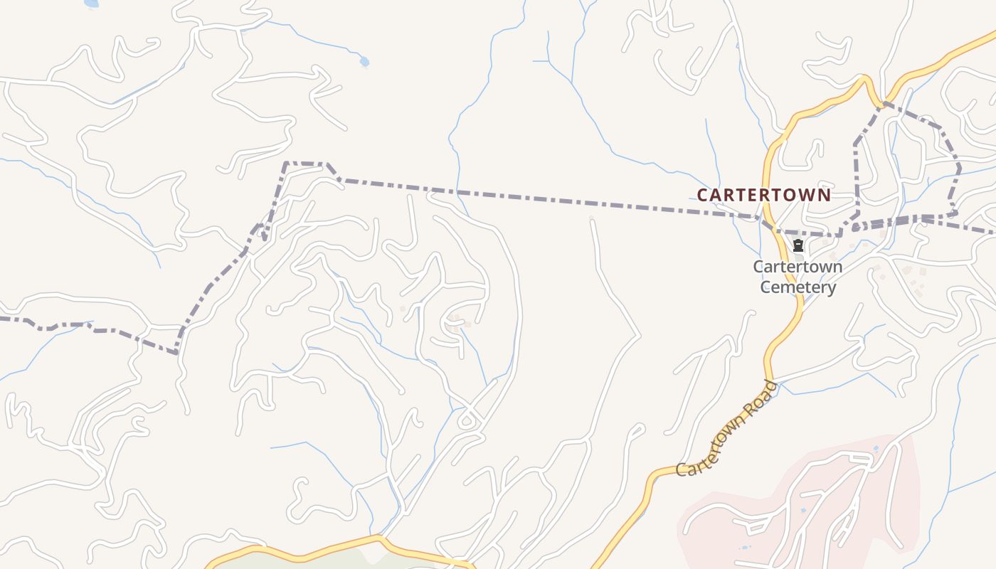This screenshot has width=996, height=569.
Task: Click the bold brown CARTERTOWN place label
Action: point(763,195)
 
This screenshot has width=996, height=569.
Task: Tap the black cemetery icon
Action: point(798,246)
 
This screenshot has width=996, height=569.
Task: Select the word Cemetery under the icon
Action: point(798,287)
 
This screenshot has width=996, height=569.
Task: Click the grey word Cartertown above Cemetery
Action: point(798,267)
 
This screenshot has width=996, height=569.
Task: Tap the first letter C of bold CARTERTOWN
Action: point(703,195)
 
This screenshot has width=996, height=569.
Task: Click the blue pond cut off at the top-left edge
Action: point(91,4)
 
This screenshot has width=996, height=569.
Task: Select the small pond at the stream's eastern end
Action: point(364,62)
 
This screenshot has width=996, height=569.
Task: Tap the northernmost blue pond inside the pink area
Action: point(875,449)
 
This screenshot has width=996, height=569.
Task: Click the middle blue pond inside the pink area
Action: point(803,511)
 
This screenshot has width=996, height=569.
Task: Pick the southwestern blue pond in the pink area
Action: point(744,548)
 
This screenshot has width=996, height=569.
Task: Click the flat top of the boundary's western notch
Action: point(305,163)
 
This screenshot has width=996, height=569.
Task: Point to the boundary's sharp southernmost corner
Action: point(176,352)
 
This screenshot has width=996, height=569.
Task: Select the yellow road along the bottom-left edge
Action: point(299,552)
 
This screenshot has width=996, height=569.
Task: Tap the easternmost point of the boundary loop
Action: point(960,169)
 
